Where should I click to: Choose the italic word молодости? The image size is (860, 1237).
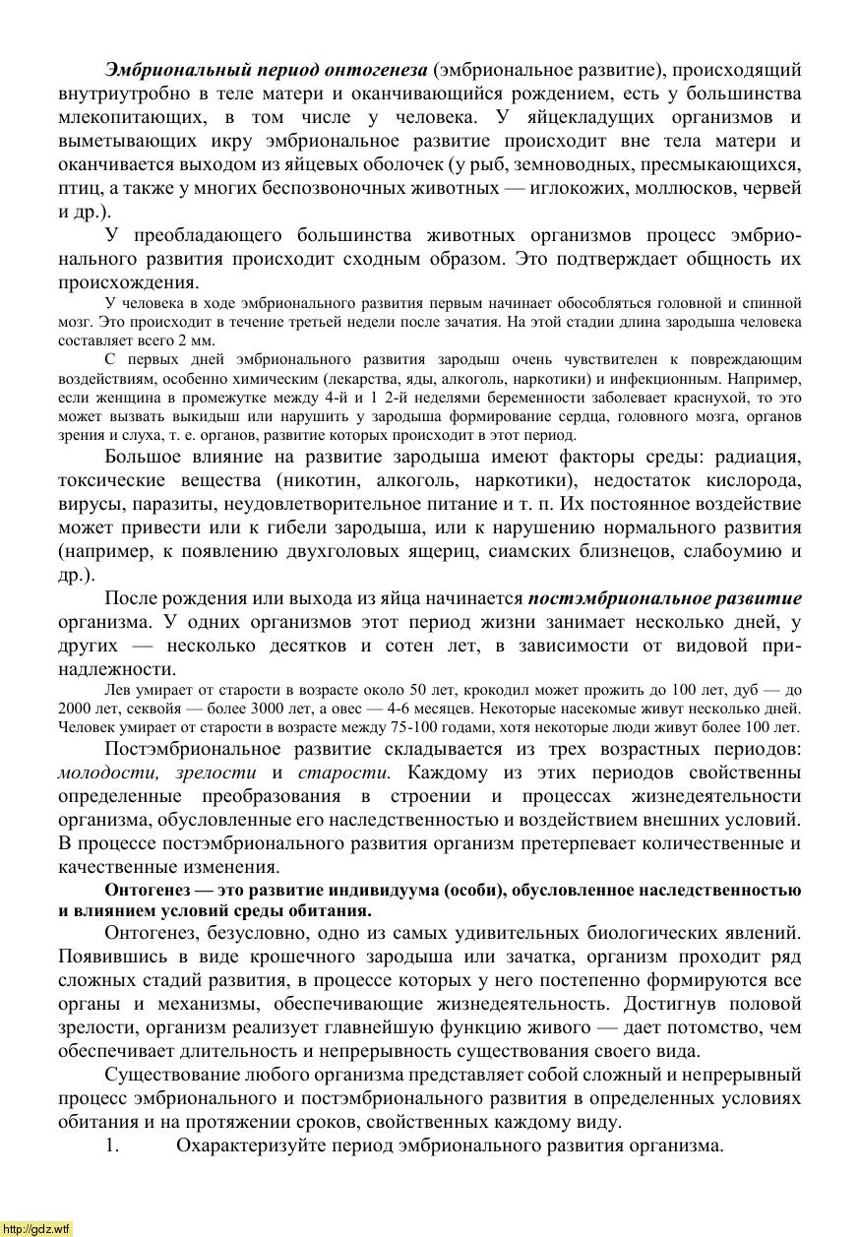coord(109,773)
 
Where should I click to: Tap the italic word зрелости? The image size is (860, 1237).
coord(215,773)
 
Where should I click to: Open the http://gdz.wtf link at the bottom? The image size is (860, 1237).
coord(36,1229)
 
